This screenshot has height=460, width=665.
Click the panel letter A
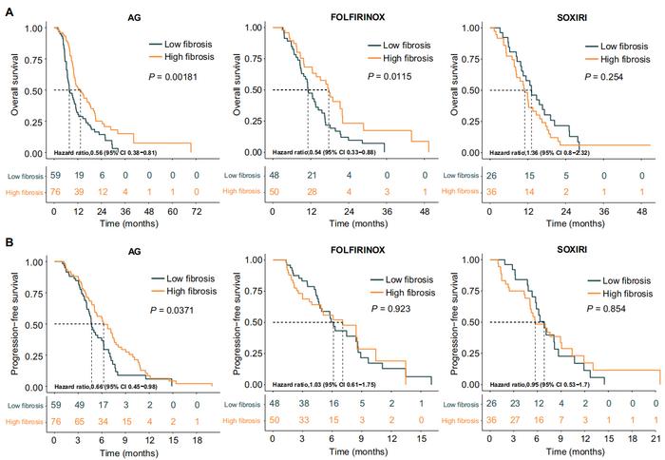8,9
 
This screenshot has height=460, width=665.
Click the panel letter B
8,243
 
